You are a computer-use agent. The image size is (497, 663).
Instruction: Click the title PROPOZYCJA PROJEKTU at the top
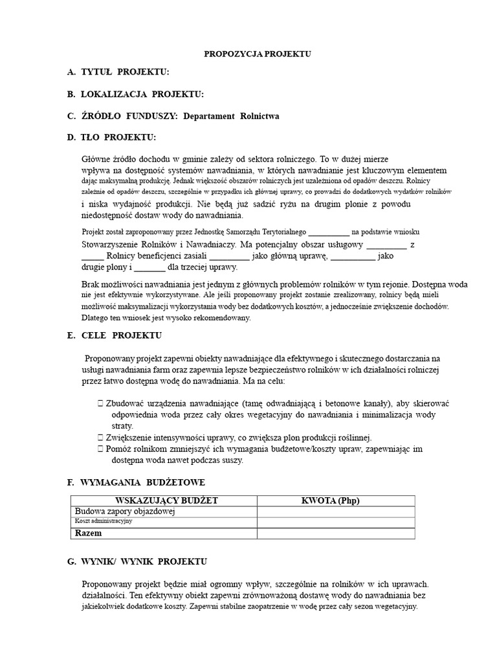258,54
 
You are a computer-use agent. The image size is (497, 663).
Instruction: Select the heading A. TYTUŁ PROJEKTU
118,72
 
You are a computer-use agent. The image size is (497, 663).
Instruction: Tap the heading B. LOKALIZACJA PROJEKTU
135,94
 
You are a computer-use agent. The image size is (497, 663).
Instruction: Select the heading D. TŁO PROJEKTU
111,137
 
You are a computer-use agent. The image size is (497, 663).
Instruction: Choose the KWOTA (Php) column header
336,500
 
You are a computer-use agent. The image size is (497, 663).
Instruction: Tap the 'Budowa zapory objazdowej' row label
126,511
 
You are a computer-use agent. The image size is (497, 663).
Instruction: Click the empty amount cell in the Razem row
336,534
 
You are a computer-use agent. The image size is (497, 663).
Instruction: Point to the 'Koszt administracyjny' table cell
104,521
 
